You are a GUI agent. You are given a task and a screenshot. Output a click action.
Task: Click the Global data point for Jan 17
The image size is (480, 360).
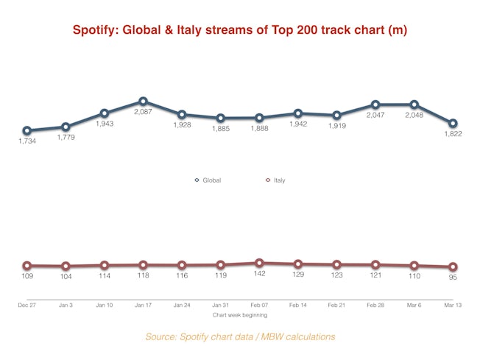click(x=143, y=101)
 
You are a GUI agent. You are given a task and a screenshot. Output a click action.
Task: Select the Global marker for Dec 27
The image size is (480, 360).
click(x=27, y=130)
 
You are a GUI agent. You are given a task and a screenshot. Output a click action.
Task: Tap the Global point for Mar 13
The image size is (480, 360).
click(x=453, y=123)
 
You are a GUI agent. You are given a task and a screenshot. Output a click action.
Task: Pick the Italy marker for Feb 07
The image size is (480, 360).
click(x=259, y=263)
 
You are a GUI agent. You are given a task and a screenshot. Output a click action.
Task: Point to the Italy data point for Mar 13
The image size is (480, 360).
click(x=453, y=267)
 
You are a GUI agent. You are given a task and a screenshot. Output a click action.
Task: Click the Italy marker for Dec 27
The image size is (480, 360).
click(x=27, y=265)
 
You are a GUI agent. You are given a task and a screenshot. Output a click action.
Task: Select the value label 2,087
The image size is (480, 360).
click(x=143, y=112)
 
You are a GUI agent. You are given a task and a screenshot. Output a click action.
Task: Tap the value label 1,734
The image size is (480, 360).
click(x=27, y=141)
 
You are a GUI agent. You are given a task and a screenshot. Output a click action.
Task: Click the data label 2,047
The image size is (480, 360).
click(x=375, y=116)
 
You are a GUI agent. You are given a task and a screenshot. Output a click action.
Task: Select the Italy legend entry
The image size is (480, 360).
click(x=275, y=180)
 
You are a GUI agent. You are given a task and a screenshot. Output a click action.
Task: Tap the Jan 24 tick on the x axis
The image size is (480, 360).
click(x=182, y=304)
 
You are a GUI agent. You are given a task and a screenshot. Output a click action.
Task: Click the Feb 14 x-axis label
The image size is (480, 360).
click(x=298, y=304)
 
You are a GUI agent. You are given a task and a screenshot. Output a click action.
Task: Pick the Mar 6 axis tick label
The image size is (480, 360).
click(x=414, y=304)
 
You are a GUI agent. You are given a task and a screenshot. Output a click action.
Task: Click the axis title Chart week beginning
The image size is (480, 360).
click(x=240, y=315)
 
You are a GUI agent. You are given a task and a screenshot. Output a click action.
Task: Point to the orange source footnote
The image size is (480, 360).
click(x=240, y=336)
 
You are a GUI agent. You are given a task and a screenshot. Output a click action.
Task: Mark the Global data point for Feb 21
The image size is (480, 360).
click(x=336, y=115)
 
